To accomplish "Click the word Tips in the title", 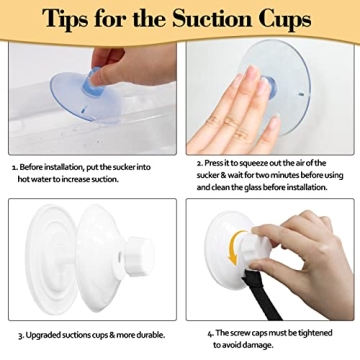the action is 65,19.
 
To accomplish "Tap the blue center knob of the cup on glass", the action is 270,87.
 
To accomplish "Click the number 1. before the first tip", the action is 15,167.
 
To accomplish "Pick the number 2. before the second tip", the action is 200,163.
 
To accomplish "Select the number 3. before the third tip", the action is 21,335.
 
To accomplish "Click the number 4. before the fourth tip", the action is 210,333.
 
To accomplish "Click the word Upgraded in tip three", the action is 42,335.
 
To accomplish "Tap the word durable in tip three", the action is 152,335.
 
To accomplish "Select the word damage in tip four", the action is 259,345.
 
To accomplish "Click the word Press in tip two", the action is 213,163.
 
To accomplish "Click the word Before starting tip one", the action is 31,167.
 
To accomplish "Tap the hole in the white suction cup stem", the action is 120,258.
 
